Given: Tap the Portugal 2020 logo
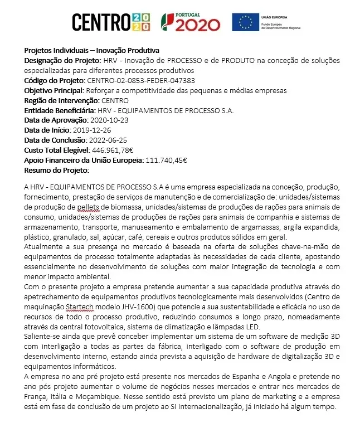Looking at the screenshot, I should [190, 22].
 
